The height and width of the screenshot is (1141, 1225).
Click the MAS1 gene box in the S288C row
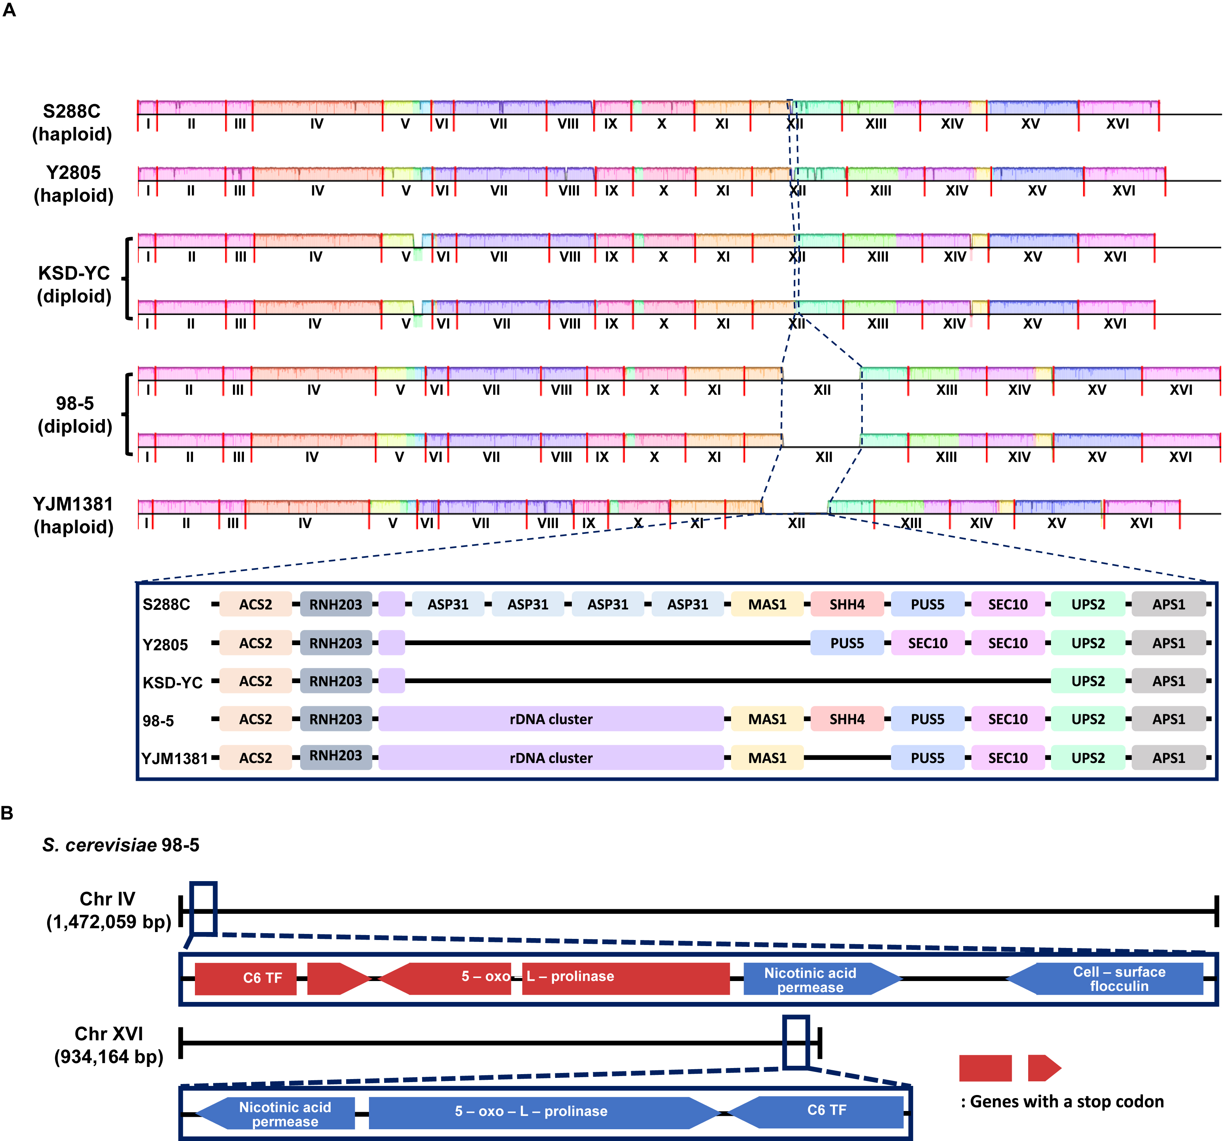(767, 605)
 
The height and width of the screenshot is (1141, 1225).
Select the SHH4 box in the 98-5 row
(847, 719)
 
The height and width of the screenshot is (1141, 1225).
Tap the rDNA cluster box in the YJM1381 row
(551, 758)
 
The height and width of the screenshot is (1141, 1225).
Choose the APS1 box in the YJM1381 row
(1169, 758)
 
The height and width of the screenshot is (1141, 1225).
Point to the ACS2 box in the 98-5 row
(256, 719)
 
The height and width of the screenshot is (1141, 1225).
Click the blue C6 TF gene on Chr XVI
(815, 1113)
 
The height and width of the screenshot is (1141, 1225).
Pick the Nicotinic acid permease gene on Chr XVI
(275, 1113)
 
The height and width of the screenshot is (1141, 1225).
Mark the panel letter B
(7, 813)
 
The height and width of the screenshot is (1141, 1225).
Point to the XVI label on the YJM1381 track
(1141, 523)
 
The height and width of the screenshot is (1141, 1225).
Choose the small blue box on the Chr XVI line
(796, 1043)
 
